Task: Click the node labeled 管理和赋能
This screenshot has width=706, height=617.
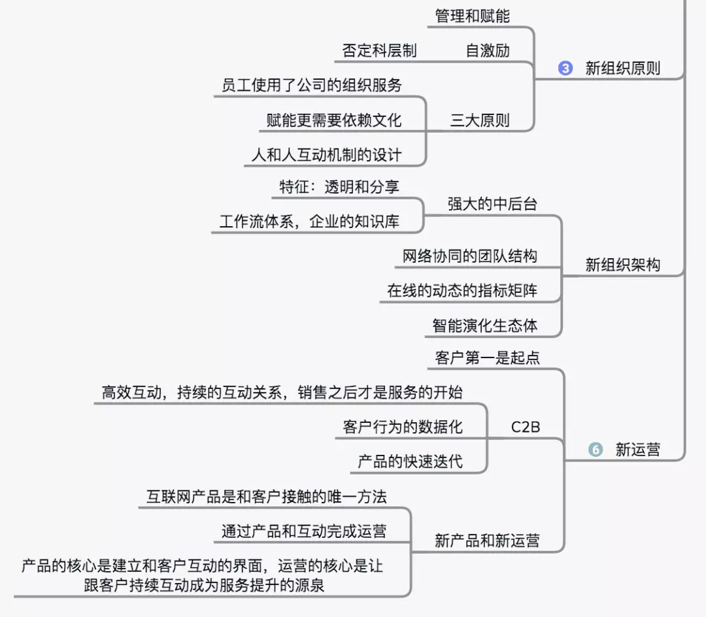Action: coord(472,16)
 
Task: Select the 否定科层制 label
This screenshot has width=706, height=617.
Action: coord(379,50)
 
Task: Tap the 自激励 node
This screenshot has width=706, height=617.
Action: coord(488,50)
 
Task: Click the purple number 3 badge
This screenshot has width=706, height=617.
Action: coord(565,68)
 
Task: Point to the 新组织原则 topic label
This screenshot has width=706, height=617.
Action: coord(622,68)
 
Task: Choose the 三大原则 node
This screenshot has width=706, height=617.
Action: coord(480,120)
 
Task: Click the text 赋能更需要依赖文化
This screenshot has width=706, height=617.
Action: coord(334,120)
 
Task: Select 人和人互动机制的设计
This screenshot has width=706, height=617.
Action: coord(326,155)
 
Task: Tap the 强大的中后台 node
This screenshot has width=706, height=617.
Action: coord(492,203)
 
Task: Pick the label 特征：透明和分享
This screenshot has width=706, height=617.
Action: coord(339,186)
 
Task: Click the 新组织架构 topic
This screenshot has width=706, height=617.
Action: coord(622,265)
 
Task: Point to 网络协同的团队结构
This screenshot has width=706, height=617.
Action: coord(469,256)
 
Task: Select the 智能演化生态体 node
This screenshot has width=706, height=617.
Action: coord(485,325)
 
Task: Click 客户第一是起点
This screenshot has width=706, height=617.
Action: coord(487,358)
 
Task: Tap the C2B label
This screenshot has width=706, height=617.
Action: coord(526,427)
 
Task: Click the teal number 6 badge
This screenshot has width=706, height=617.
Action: coord(596,450)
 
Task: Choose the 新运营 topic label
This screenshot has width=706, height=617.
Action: coord(637,450)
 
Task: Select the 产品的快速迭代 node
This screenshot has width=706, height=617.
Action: coord(410,461)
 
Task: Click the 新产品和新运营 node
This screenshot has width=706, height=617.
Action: coord(487,541)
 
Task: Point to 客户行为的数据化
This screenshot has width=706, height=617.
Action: coord(402,427)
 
